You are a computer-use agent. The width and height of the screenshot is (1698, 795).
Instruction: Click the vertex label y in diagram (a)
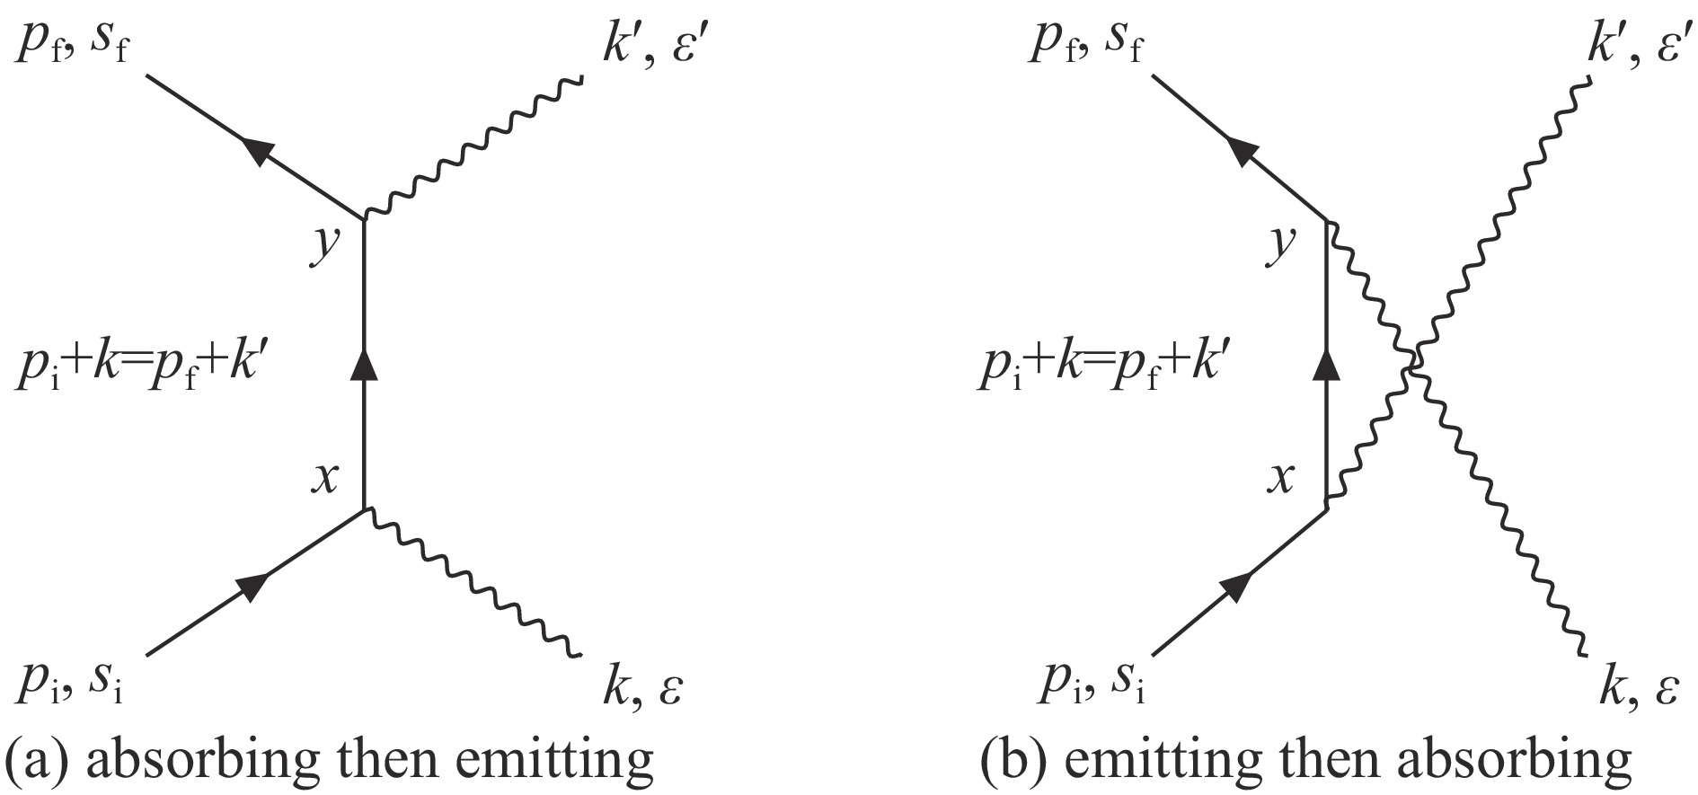(324, 244)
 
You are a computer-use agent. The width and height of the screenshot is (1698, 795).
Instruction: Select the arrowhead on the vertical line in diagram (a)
(364, 364)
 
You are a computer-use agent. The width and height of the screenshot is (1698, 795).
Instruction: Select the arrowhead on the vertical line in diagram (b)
(1327, 364)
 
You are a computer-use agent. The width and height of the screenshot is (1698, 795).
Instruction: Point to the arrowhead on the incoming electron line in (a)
(254, 585)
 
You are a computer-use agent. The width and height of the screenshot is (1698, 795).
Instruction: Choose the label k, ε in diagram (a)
(643, 688)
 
